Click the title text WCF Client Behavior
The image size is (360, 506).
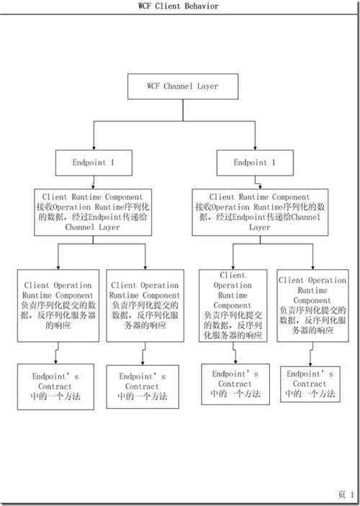coord(179,6)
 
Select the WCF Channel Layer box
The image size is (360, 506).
coord(183,86)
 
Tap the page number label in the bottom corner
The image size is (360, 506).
coord(346,494)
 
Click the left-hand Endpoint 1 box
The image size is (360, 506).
coord(94,163)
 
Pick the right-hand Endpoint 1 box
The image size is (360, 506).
coord(255,163)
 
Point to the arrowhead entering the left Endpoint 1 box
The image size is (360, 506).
coord(94,148)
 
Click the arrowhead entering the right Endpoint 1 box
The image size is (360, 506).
coord(255,148)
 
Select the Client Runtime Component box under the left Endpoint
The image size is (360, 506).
coord(93,212)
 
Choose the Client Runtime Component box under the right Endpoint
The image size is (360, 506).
coord(260,212)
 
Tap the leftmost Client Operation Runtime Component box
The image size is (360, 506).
coord(58,306)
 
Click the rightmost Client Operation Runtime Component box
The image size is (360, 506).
coord(312,306)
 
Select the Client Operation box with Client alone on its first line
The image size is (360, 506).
coord(233,306)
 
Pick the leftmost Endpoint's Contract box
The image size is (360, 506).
coord(55,387)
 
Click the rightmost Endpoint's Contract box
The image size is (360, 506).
coord(310,384)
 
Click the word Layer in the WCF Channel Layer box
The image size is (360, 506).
coord(207,86)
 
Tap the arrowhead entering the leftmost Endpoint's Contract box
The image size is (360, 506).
coord(56,362)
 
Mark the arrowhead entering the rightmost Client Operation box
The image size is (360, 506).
coord(312,268)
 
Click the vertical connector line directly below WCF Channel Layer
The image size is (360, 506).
coord(183,110)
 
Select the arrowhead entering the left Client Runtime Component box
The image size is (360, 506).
coord(93,187)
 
